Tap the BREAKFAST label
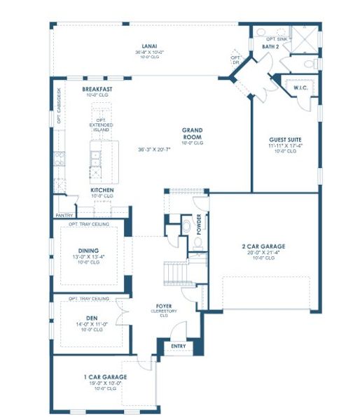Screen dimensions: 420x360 [98, 90]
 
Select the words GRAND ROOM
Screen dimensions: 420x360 [193, 133]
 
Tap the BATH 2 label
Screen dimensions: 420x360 [271, 45]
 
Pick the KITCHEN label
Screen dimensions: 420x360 [102, 190]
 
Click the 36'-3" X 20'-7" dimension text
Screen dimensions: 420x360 [158, 148]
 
